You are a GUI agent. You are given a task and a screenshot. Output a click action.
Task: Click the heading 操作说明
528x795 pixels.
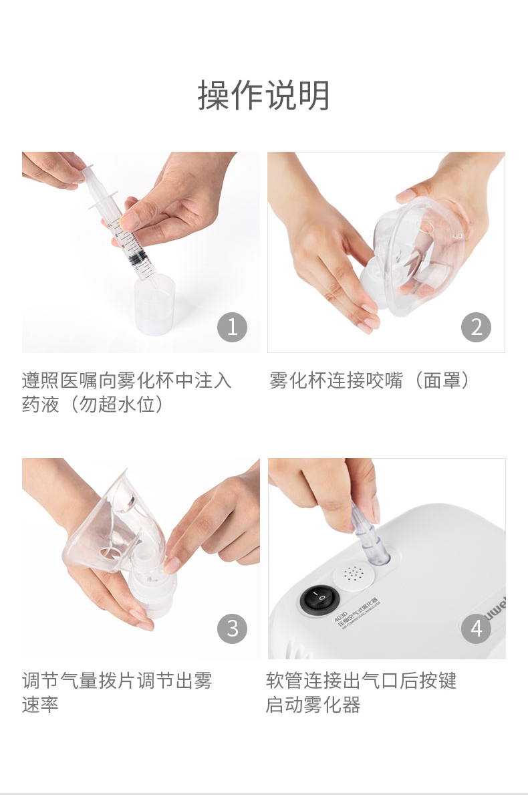tap(264, 96)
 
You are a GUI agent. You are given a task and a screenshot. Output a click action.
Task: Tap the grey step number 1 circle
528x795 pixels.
tap(232, 327)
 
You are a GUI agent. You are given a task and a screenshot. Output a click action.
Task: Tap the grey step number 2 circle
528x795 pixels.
tap(476, 327)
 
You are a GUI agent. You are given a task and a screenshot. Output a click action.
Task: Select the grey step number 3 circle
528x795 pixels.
tap(232, 629)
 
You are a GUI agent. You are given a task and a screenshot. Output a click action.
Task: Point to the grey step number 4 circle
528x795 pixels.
tap(476, 629)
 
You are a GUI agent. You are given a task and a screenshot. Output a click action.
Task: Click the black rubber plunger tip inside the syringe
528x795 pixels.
tap(136, 257)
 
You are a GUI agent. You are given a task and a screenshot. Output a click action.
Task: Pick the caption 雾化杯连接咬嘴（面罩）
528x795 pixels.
tap(370, 380)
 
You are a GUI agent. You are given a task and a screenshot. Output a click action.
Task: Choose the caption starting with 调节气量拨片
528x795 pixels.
tap(117, 681)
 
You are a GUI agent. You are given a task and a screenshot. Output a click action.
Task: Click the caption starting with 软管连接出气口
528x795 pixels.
tap(361, 681)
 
